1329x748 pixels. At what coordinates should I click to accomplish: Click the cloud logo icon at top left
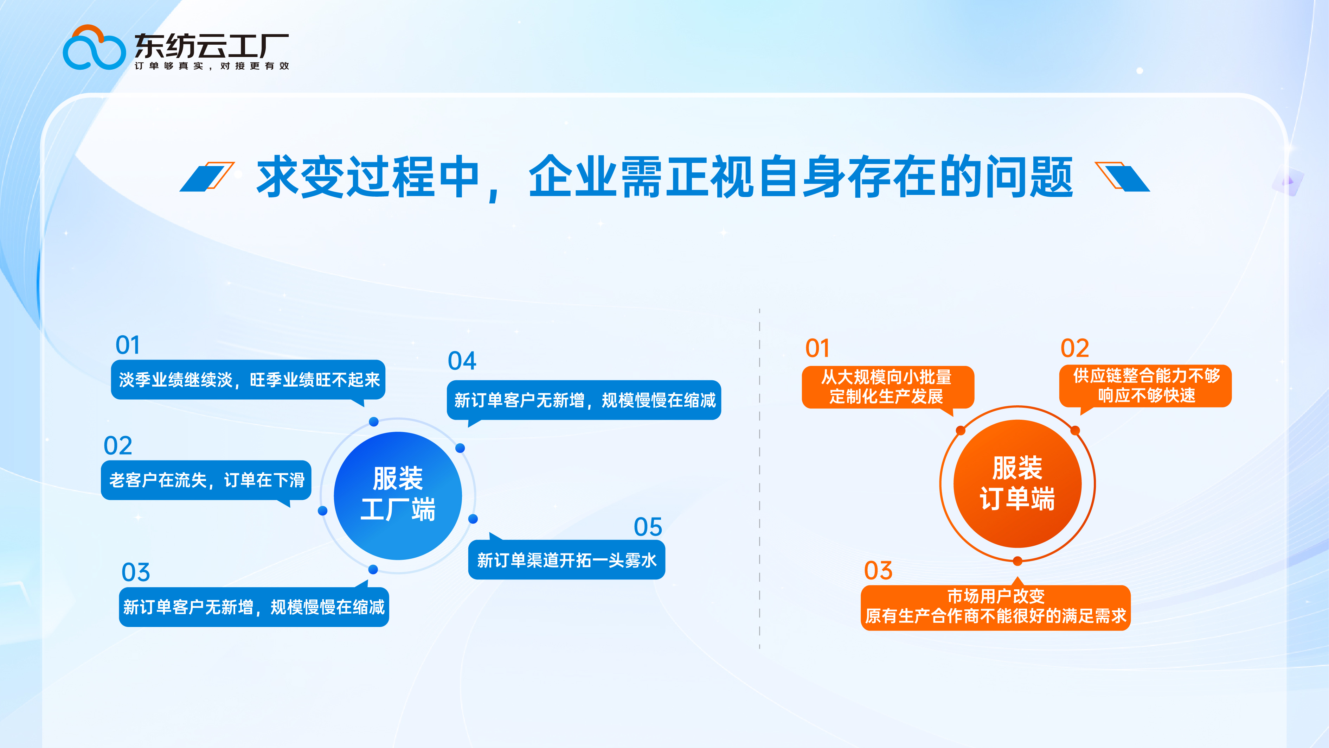tap(94, 49)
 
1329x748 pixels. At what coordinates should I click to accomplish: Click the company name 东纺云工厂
tap(212, 46)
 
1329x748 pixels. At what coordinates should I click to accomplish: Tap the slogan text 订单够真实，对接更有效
tap(212, 66)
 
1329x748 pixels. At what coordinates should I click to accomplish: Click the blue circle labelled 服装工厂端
tap(397, 495)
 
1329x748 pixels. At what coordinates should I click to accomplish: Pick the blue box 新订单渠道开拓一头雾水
tap(566, 560)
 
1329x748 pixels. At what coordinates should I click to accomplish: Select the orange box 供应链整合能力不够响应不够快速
tap(1145, 386)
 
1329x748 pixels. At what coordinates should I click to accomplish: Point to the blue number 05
tap(648, 527)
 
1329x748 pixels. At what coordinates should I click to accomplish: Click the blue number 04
tap(462, 361)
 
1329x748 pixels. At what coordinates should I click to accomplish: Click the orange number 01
tap(817, 348)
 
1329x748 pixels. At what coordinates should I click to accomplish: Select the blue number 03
tap(136, 572)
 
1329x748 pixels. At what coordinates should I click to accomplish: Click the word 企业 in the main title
tap(573, 177)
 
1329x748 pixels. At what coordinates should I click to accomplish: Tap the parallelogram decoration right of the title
tap(1123, 177)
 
